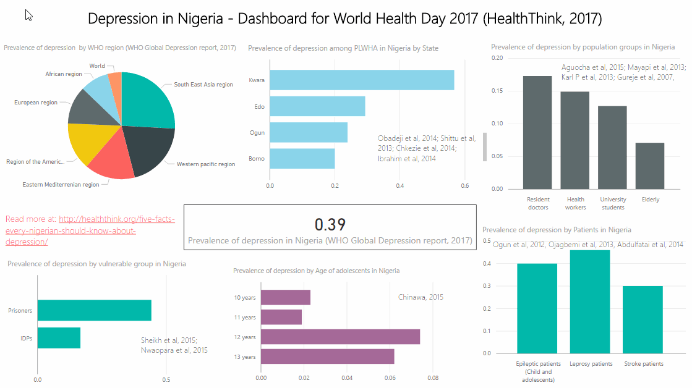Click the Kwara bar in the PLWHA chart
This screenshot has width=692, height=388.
tap(362, 80)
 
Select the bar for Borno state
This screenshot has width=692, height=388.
tap(302, 158)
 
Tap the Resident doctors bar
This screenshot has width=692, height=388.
tap(537, 132)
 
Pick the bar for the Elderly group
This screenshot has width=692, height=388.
tap(649, 166)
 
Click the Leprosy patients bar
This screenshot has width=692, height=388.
tap(589, 302)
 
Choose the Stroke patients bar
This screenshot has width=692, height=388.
tap(643, 319)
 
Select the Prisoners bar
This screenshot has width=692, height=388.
tap(95, 310)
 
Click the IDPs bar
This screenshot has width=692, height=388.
tap(59, 338)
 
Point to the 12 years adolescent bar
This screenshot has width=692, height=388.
tap(340, 337)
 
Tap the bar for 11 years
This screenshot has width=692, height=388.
tap(281, 317)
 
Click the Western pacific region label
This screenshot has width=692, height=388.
tap(206, 164)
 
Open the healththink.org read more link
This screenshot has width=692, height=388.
tap(90, 230)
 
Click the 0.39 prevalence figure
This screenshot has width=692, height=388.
tap(330, 224)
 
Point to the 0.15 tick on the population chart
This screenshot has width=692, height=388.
tap(497, 91)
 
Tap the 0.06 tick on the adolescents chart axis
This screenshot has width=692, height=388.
tap(390, 378)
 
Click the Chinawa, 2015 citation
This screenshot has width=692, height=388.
tap(421, 297)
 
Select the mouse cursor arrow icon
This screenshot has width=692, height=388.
tap(28, 15)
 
